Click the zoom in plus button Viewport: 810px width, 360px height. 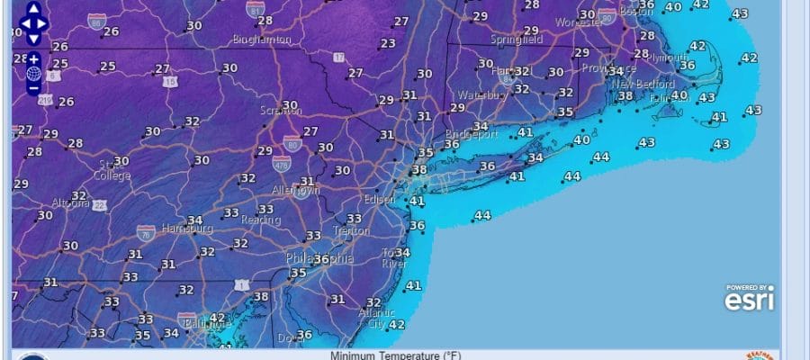point(33,58)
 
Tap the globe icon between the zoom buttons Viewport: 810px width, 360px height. point(33,73)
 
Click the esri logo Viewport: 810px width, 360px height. point(749,299)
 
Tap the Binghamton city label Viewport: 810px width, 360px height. point(261,40)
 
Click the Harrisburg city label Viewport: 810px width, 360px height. point(185,229)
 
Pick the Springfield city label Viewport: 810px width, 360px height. point(517,40)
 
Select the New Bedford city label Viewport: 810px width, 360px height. point(638,84)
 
